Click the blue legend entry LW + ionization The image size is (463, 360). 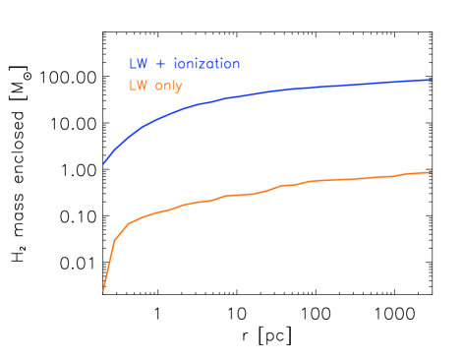coord(184,64)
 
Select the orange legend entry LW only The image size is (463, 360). coord(155,87)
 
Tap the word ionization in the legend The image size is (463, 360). coord(206,64)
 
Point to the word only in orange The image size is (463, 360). coord(168,87)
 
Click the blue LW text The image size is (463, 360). coord(138,64)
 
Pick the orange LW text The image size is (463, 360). coord(138,87)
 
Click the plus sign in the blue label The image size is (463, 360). coord(160,64)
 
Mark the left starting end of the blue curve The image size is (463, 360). coord(103,164)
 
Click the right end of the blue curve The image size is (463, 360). coord(432,80)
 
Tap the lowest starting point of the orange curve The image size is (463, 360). coord(103,290)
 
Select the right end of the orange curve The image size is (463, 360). coord(432,172)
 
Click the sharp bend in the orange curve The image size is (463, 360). coord(116,238)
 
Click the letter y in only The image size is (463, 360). coord(179,88)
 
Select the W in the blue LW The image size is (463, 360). coord(143,64)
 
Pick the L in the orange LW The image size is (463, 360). coord(133,87)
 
